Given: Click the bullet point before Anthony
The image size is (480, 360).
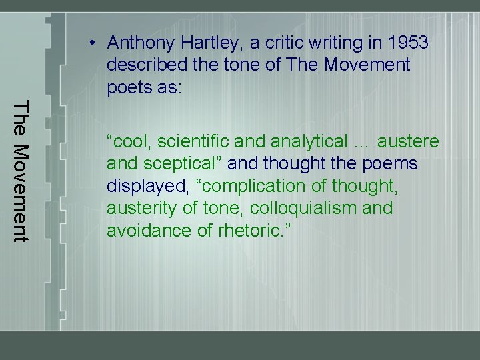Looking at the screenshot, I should tap(95, 43).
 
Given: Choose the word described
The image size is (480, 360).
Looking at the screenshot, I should tap(143, 66).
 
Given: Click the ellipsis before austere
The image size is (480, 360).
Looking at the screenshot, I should tap(363, 142).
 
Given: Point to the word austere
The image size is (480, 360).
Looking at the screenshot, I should tap(409, 142).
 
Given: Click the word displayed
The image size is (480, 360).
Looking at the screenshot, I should tap(142, 187).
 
